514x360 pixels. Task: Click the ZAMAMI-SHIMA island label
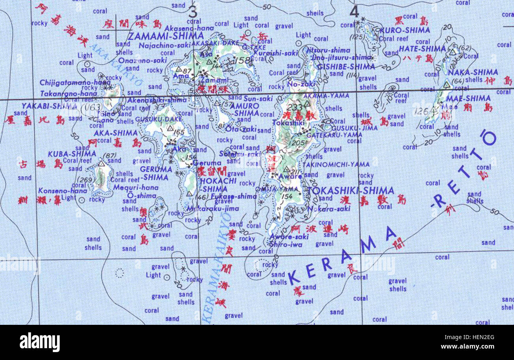tap(166, 36)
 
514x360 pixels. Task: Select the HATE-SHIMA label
tap(417, 49)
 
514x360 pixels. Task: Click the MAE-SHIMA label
tap(474, 98)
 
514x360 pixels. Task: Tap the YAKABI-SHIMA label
tap(43, 106)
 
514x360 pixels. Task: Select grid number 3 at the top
tap(193, 11)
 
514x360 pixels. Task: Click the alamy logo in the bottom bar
tap(40, 342)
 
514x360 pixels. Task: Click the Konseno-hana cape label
tap(57, 190)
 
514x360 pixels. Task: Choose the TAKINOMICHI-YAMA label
tap(336, 164)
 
